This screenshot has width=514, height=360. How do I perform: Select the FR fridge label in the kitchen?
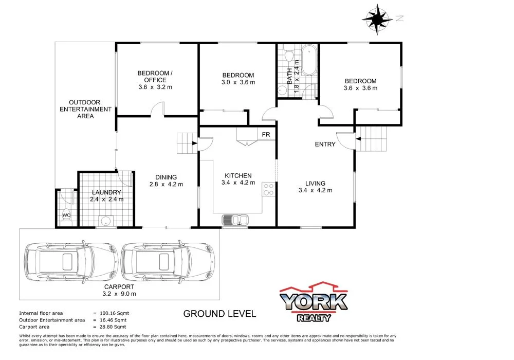[x=266, y=134]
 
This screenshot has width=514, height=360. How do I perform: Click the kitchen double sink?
[x=235, y=220]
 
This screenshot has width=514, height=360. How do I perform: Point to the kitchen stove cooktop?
[x=268, y=189]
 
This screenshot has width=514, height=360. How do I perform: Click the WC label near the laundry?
[x=66, y=214]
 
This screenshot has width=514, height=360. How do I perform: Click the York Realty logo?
[x=314, y=301]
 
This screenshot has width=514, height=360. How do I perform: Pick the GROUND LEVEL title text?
[x=219, y=314]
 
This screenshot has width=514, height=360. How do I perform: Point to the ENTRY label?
[x=325, y=144]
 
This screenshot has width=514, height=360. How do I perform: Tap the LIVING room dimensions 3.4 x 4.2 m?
[x=315, y=190]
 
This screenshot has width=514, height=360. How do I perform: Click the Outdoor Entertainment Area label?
[x=85, y=109]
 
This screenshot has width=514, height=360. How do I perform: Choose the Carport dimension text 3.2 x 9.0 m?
[x=119, y=294]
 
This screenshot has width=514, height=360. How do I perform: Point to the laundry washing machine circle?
[x=105, y=221]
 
